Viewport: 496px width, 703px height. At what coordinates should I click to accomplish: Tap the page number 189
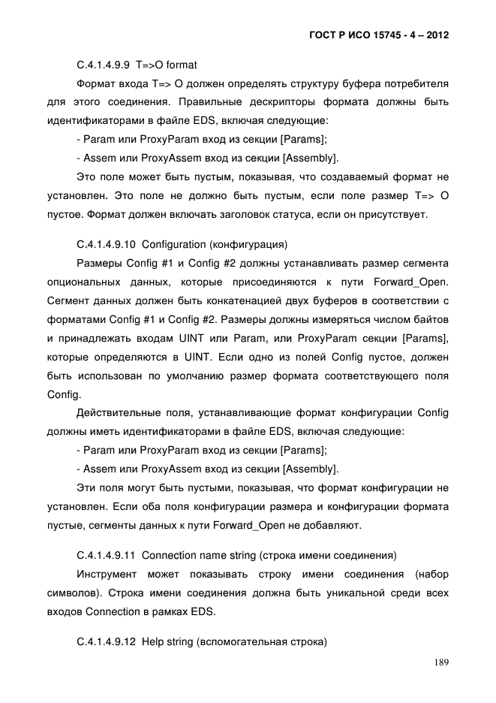coord(440,662)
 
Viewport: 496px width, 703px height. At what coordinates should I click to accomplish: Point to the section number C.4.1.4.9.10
coord(106,245)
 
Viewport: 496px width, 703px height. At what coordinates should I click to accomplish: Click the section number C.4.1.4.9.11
coord(106,556)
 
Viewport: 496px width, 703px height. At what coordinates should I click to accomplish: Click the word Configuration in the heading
coord(173,245)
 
